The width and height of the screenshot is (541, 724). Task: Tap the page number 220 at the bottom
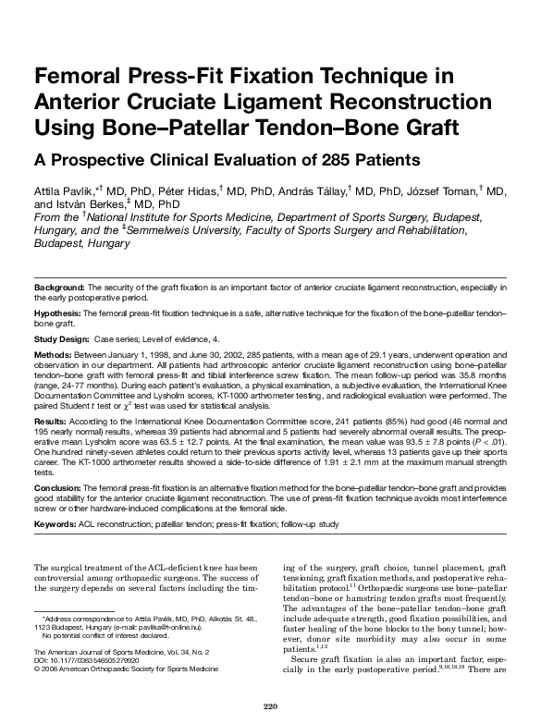click(270, 707)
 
